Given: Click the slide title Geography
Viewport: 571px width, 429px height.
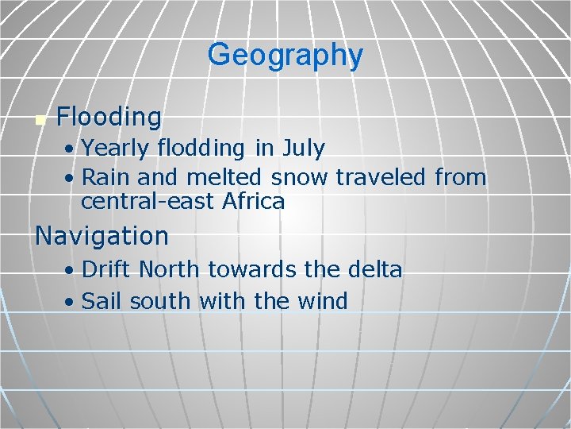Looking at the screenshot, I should point(285,55).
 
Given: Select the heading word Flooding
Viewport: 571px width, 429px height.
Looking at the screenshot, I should point(109,118).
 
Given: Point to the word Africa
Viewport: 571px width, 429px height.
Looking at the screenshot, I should point(253,202).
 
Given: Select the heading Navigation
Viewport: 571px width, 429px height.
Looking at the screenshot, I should point(102,236).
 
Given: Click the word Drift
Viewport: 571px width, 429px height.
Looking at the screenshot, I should point(107,270).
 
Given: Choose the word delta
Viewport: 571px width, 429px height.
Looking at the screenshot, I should point(374,270).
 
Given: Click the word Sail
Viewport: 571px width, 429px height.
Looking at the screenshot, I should point(103,302).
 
